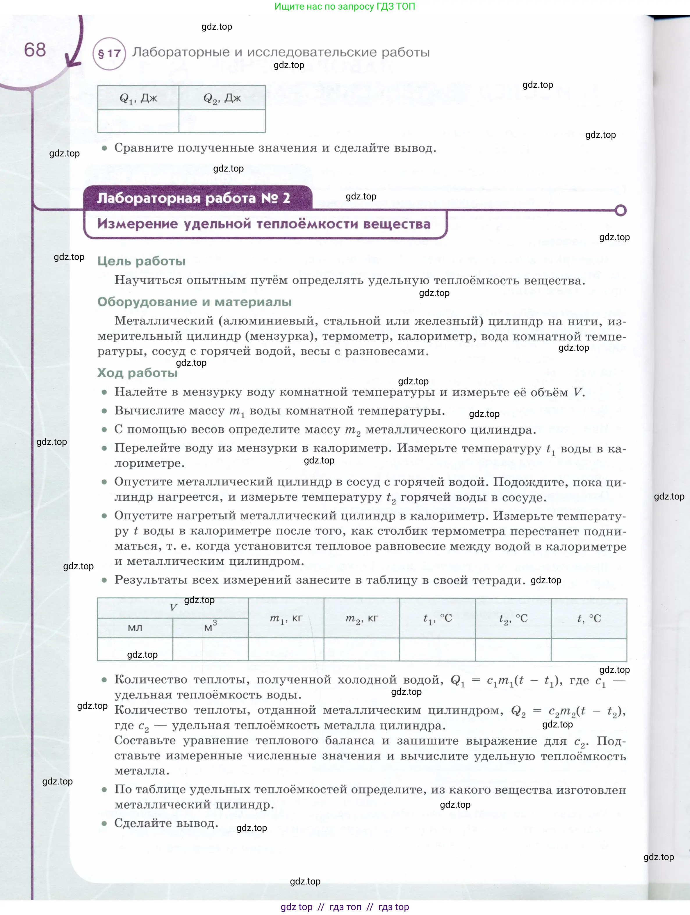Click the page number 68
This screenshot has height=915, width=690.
[35, 50]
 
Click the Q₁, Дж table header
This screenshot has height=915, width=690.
[138, 98]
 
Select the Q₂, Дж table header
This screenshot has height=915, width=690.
[222, 98]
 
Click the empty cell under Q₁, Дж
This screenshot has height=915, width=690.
[138, 121]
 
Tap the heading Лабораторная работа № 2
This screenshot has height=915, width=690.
[194, 198]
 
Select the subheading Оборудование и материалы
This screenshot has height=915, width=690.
[195, 302]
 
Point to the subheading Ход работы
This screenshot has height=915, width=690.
[137, 373]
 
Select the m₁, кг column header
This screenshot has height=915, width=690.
[286, 618]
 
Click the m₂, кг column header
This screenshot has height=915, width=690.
[361, 618]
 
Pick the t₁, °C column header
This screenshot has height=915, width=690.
[437, 618]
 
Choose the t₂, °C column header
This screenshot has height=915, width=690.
[513, 618]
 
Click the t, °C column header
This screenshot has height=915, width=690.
[589, 618]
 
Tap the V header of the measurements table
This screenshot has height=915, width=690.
[173, 608]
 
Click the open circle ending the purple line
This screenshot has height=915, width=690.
[621, 211]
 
